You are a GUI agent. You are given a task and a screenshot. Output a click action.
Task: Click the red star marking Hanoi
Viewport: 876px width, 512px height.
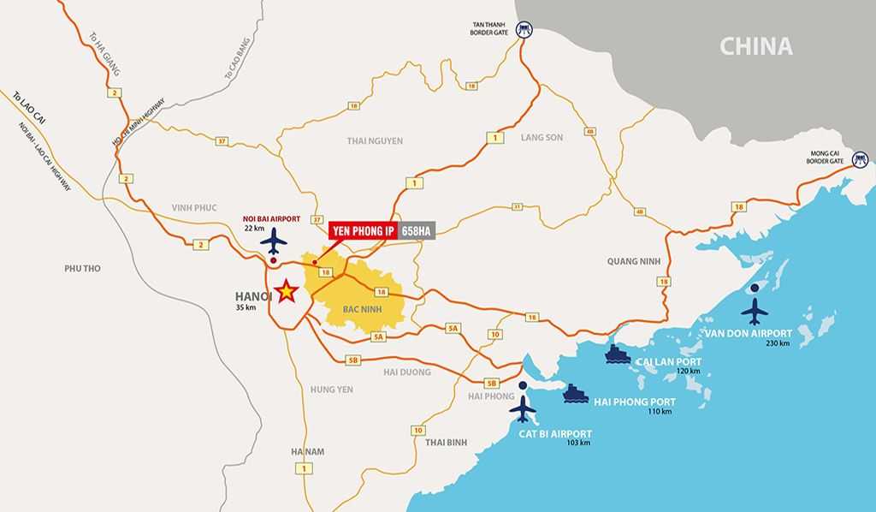pyautogui.click(x=287, y=292)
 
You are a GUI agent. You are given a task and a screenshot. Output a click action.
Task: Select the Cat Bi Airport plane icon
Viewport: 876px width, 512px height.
pyautogui.click(x=523, y=409)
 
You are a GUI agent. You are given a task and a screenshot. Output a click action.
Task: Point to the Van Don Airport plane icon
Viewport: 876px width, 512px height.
pyautogui.click(x=755, y=307)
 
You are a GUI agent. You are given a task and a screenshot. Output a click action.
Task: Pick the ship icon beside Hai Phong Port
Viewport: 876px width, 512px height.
pyautogui.click(x=575, y=393)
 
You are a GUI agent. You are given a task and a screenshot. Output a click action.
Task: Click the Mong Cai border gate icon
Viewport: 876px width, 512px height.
pyautogui.click(x=860, y=158)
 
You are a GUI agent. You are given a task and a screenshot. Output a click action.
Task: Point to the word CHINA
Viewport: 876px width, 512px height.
pyautogui.click(x=755, y=46)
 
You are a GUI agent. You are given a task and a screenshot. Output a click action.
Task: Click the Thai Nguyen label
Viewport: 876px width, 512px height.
pyautogui.click(x=375, y=140)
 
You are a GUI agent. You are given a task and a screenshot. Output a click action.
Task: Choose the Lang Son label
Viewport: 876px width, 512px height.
pyautogui.click(x=542, y=137)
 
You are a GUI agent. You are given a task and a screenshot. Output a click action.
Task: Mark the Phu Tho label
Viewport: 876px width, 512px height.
pyautogui.click(x=82, y=268)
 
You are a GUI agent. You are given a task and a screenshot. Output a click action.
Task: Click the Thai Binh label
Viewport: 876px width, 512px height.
pyautogui.click(x=446, y=442)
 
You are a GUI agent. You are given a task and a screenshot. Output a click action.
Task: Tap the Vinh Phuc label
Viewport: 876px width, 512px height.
pyautogui.click(x=194, y=208)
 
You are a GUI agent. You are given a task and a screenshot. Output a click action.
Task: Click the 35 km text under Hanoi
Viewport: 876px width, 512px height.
pyautogui.click(x=246, y=308)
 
